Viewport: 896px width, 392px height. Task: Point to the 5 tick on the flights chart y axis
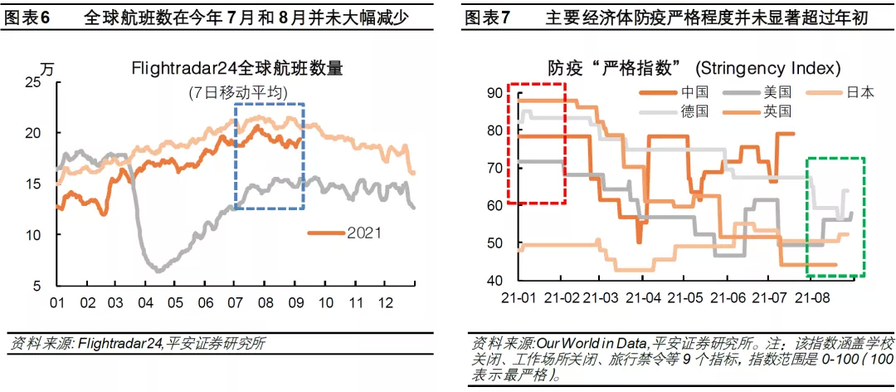37,286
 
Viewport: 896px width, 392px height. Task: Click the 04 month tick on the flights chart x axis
148,301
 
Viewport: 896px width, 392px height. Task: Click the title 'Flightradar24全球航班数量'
237,70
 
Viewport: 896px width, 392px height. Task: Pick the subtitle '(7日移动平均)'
237,93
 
